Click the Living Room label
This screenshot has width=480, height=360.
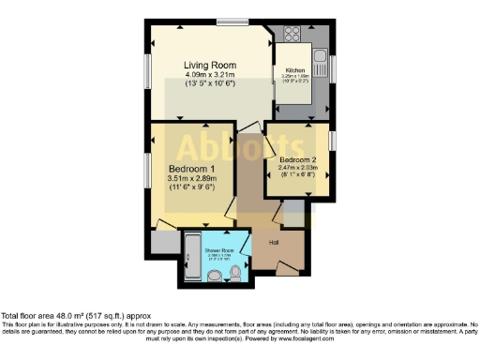point(210,64)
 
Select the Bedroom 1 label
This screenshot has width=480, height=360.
point(191,169)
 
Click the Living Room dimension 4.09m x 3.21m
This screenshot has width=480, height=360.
point(210,75)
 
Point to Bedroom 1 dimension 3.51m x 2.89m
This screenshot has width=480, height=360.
point(191,179)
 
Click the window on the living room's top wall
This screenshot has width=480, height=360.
point(231,21)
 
